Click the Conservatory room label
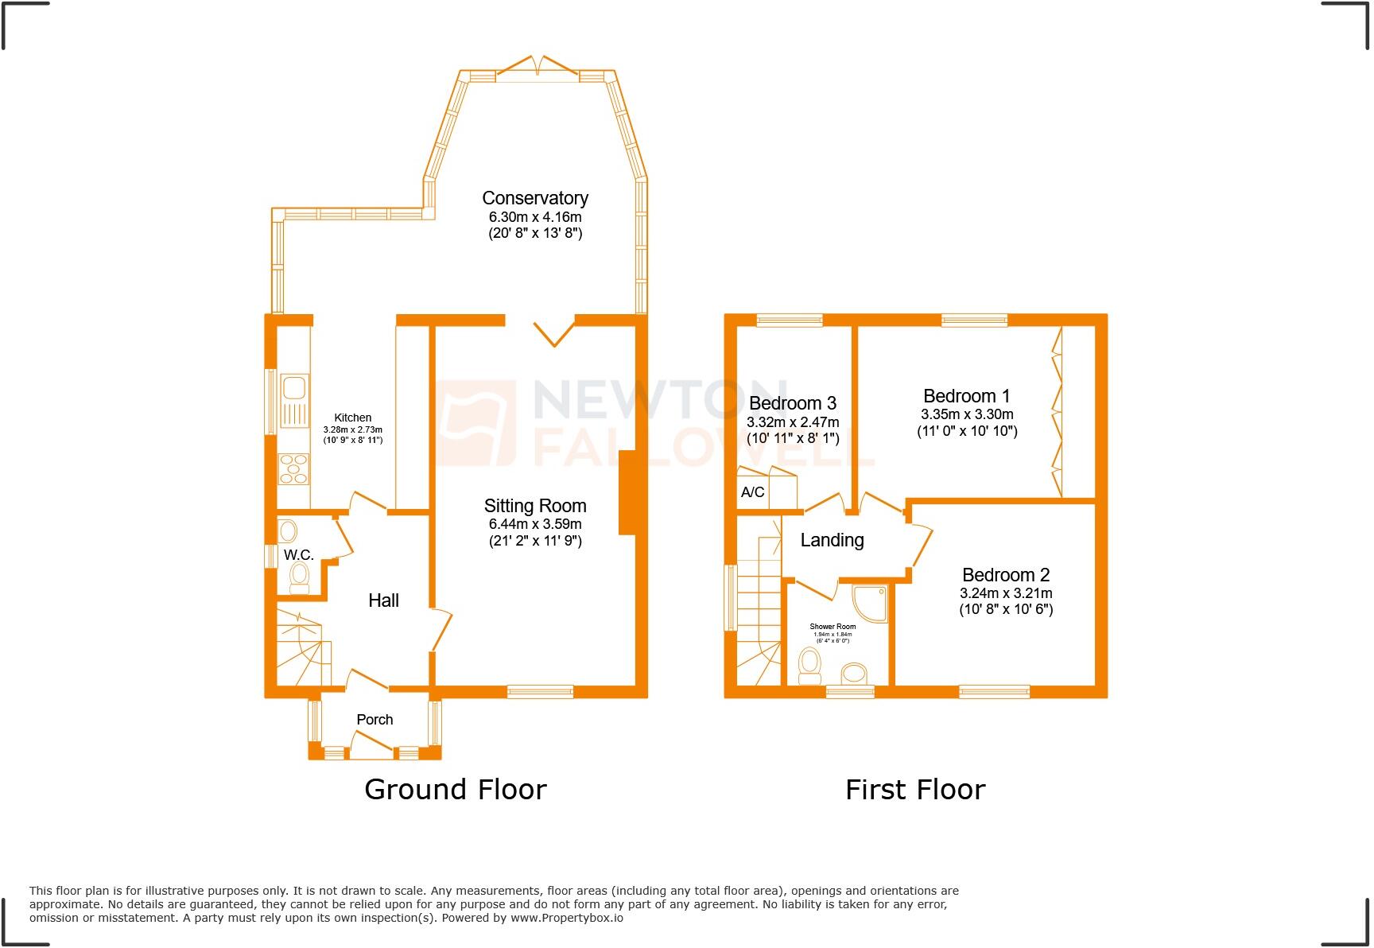pyautogui.click(x=534, y=198)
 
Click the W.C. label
pyautogui.click(x=298, y=554)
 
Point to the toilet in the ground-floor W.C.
pyautogui.click(x=300, y=577)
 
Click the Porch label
pyautogui.click(x=375, y=719)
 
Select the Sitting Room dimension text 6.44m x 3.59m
pyautogui.click(x=534, y=524)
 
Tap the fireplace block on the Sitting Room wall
pyautogui.click(x=627, y=492)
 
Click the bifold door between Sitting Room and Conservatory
pyautogui.click(x=553, y=332)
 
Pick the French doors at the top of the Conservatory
pyautogui.click(x=538, y=66)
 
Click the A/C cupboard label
pyautogui.click(x=752, y=492)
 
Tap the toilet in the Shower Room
pyautogui.click(x=809, y=666)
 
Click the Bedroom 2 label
pyautogui.click(x=1005, y=574)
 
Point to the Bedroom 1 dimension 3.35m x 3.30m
pyautogui.click(x=966, y=414)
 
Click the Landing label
pyautogui.click(x=832, y=540)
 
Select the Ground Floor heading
pyautogui.click(x=455, y=789)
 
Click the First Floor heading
pyautogui.click(x=914, y=789)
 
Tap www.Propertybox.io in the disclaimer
pyautogui.click(x=567, y=918)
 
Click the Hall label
pyautogui.click(x=383, y=600)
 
